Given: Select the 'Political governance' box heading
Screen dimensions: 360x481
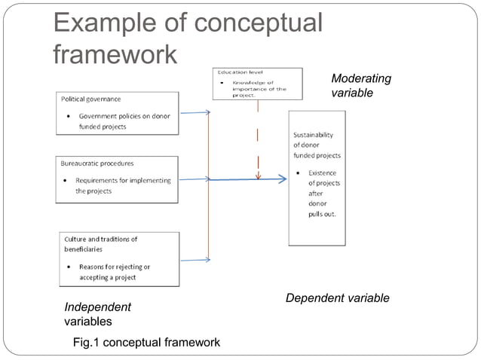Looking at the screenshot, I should pos(90,99).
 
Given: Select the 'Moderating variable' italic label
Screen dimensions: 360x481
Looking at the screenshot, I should pos(361,86).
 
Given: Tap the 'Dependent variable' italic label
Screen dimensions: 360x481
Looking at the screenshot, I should pos(337,298).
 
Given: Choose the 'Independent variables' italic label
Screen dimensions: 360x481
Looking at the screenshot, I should pos(97,314).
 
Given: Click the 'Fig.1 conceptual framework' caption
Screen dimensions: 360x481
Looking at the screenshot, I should pos(146,343).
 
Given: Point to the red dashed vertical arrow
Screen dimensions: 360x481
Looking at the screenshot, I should pos(259,143).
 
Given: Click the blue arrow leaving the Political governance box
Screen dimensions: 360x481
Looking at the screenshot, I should pos(195,113).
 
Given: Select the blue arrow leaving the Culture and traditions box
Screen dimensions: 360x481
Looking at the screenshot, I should pos(195,261).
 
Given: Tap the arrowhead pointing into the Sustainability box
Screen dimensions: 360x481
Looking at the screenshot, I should pos(282,179).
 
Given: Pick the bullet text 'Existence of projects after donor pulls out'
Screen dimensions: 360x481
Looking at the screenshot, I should pos(322,194).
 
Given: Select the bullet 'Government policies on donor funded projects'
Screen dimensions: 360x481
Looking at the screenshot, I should pos(123,121).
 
